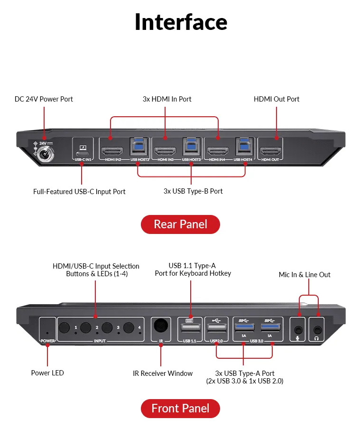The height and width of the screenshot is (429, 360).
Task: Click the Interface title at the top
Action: tap(181, 22)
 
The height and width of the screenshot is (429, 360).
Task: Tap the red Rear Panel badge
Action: tap(180, 224)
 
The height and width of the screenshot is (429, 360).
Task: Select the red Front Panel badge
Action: tap(180, 408)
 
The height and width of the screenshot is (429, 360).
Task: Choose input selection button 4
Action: tap(129, 328)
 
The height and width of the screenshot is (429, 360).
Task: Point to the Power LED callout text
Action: tap(47, 373)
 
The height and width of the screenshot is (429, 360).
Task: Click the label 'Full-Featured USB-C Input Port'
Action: tap(79, 192)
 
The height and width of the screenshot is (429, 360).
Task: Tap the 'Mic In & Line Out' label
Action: tap(305, 275)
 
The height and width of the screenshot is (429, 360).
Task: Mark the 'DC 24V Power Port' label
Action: tap(44, 99)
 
